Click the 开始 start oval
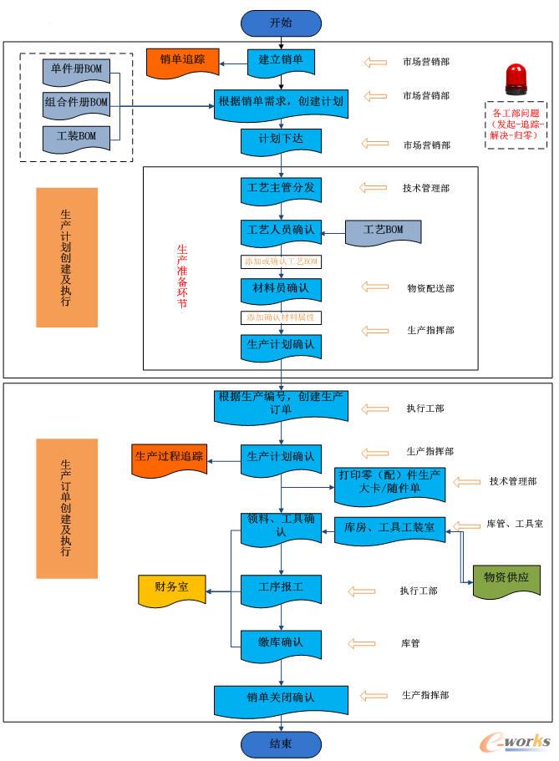point(281,23)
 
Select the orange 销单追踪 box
point(182,61)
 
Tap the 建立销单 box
point(281,60)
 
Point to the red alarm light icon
point(515,79)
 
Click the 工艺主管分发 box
point(281,188)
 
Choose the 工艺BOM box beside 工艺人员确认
point(384,230)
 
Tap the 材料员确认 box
point(281,288)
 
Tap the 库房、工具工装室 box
point(390,528)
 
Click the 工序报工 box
point(281,587)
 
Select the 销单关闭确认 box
point(281,698)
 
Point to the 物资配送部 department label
point(430,288)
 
